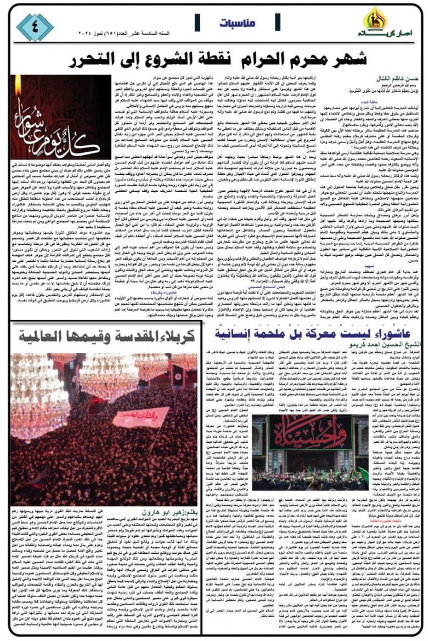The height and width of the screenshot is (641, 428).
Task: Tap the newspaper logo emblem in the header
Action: click(x=377, y=19)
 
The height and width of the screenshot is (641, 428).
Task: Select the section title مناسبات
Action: click(x=237, y=23)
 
